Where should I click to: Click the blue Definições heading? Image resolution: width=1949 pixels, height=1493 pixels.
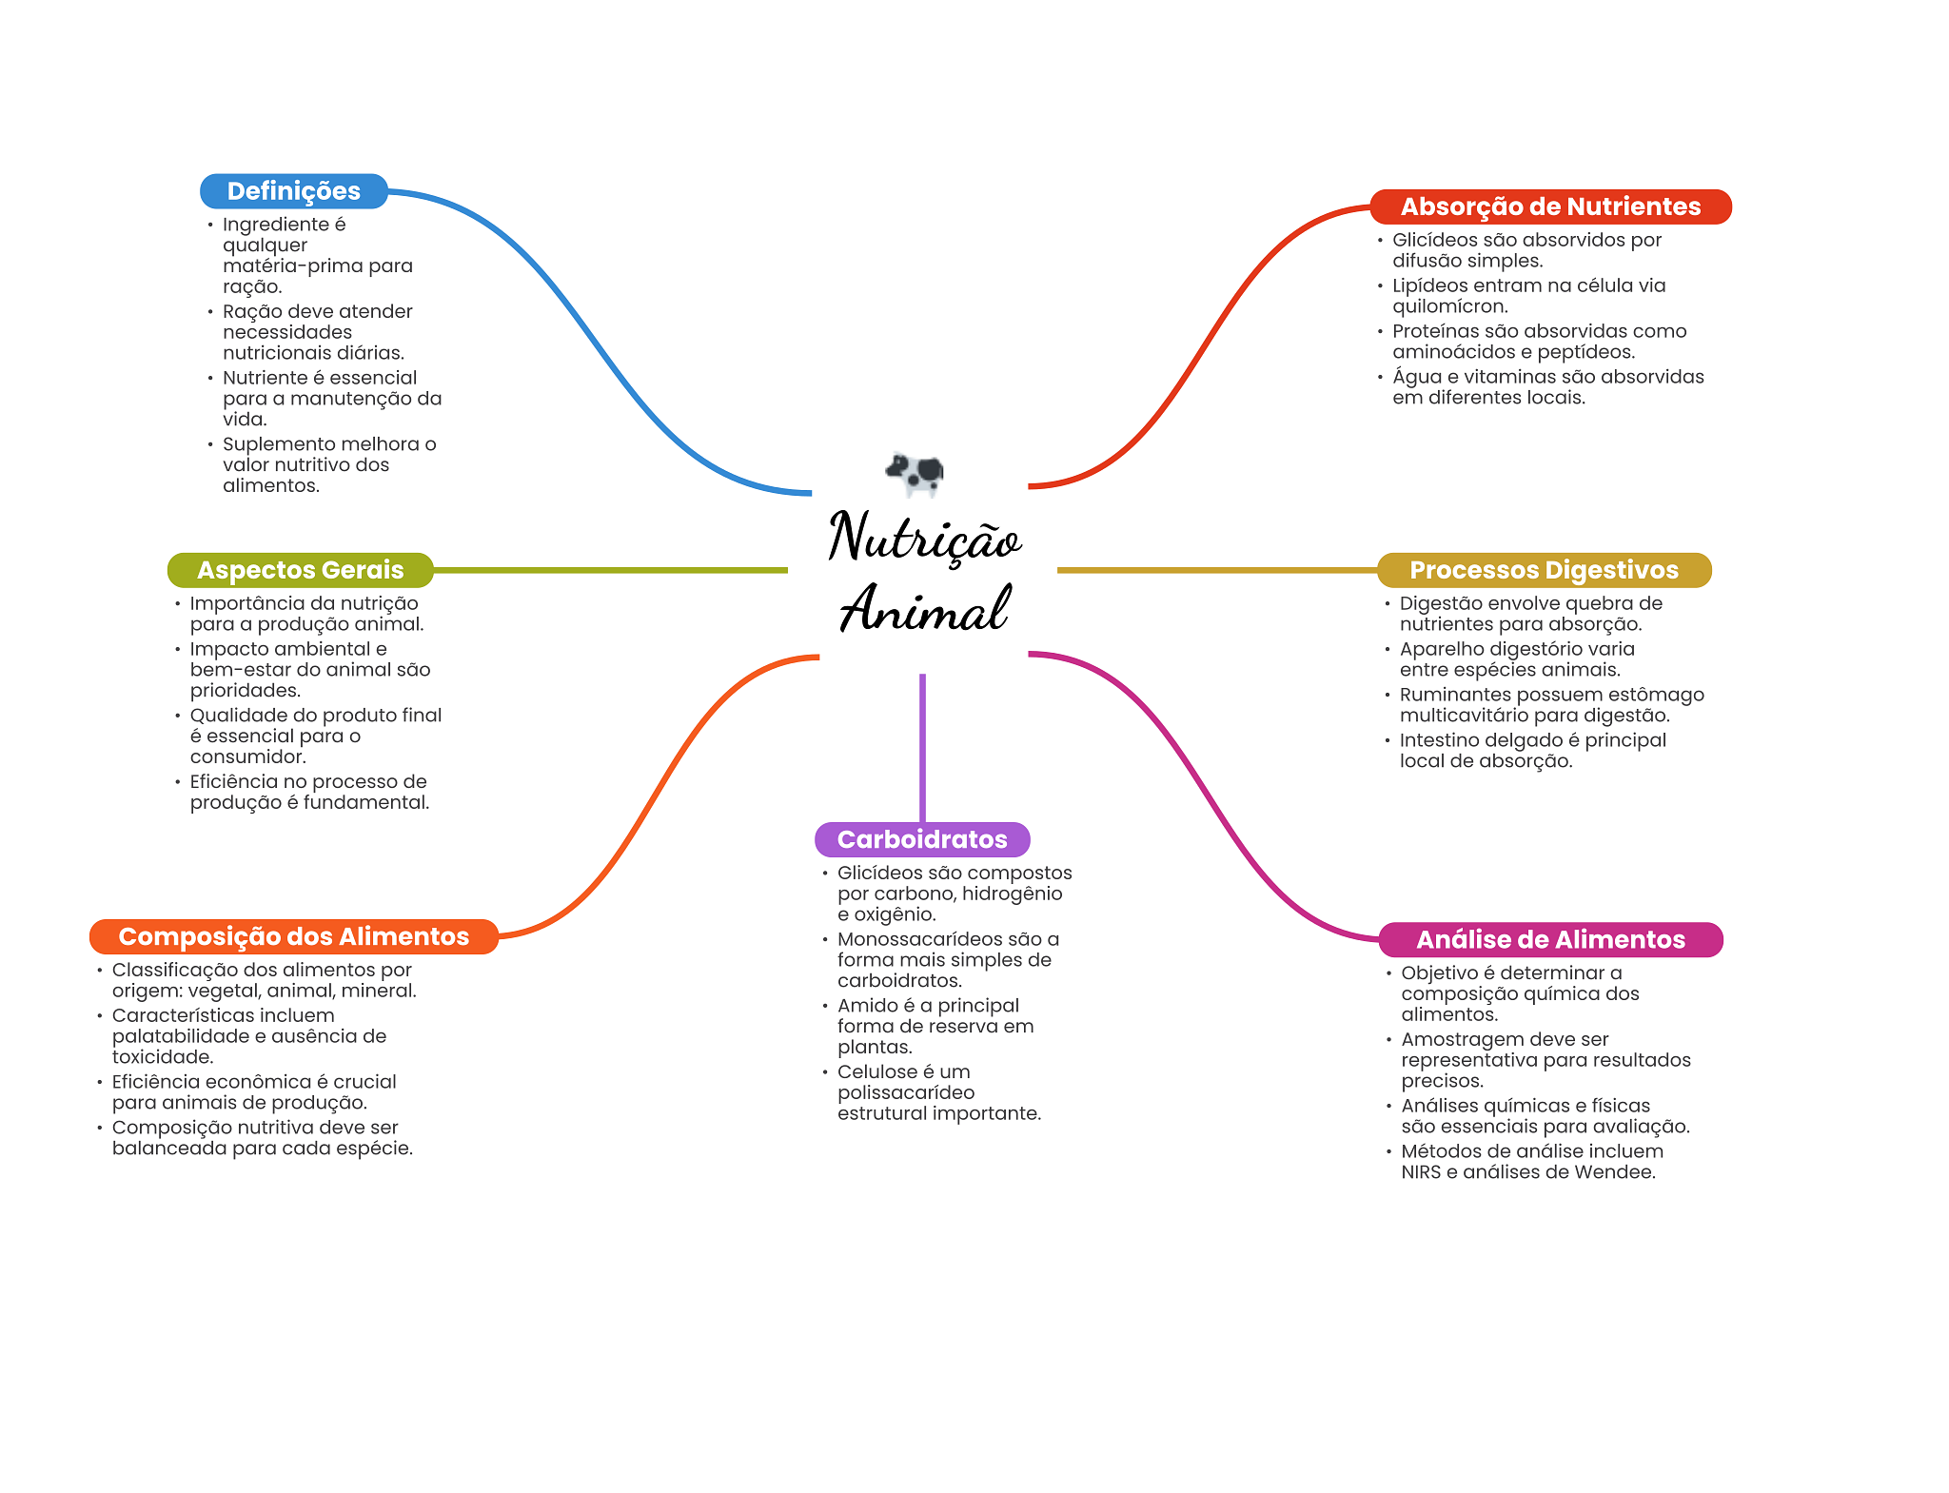pos(293,191)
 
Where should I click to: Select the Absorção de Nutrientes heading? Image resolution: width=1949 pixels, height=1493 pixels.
pos(1549,206)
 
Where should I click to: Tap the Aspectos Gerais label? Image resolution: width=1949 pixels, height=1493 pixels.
pos(300,570)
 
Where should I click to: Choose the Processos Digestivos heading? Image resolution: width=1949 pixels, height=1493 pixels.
pos(1543,570)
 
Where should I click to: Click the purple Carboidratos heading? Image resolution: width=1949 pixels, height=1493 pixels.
pos(921,839)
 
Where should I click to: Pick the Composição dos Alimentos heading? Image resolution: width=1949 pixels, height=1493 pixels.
pos(293,936)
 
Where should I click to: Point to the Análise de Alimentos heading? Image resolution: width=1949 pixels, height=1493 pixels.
pos(1549,939)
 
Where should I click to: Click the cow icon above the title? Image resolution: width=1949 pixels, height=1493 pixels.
pos(915,473)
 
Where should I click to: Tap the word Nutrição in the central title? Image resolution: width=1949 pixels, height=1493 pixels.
pos(923,538)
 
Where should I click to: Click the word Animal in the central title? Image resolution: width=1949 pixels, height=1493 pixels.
pos(923,609)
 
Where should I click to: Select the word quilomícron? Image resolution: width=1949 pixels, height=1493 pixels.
pos(1450,306)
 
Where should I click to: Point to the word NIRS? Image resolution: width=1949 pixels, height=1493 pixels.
pos(1421,1172)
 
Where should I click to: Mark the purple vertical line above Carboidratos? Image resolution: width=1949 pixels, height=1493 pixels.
pos(922,747)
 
